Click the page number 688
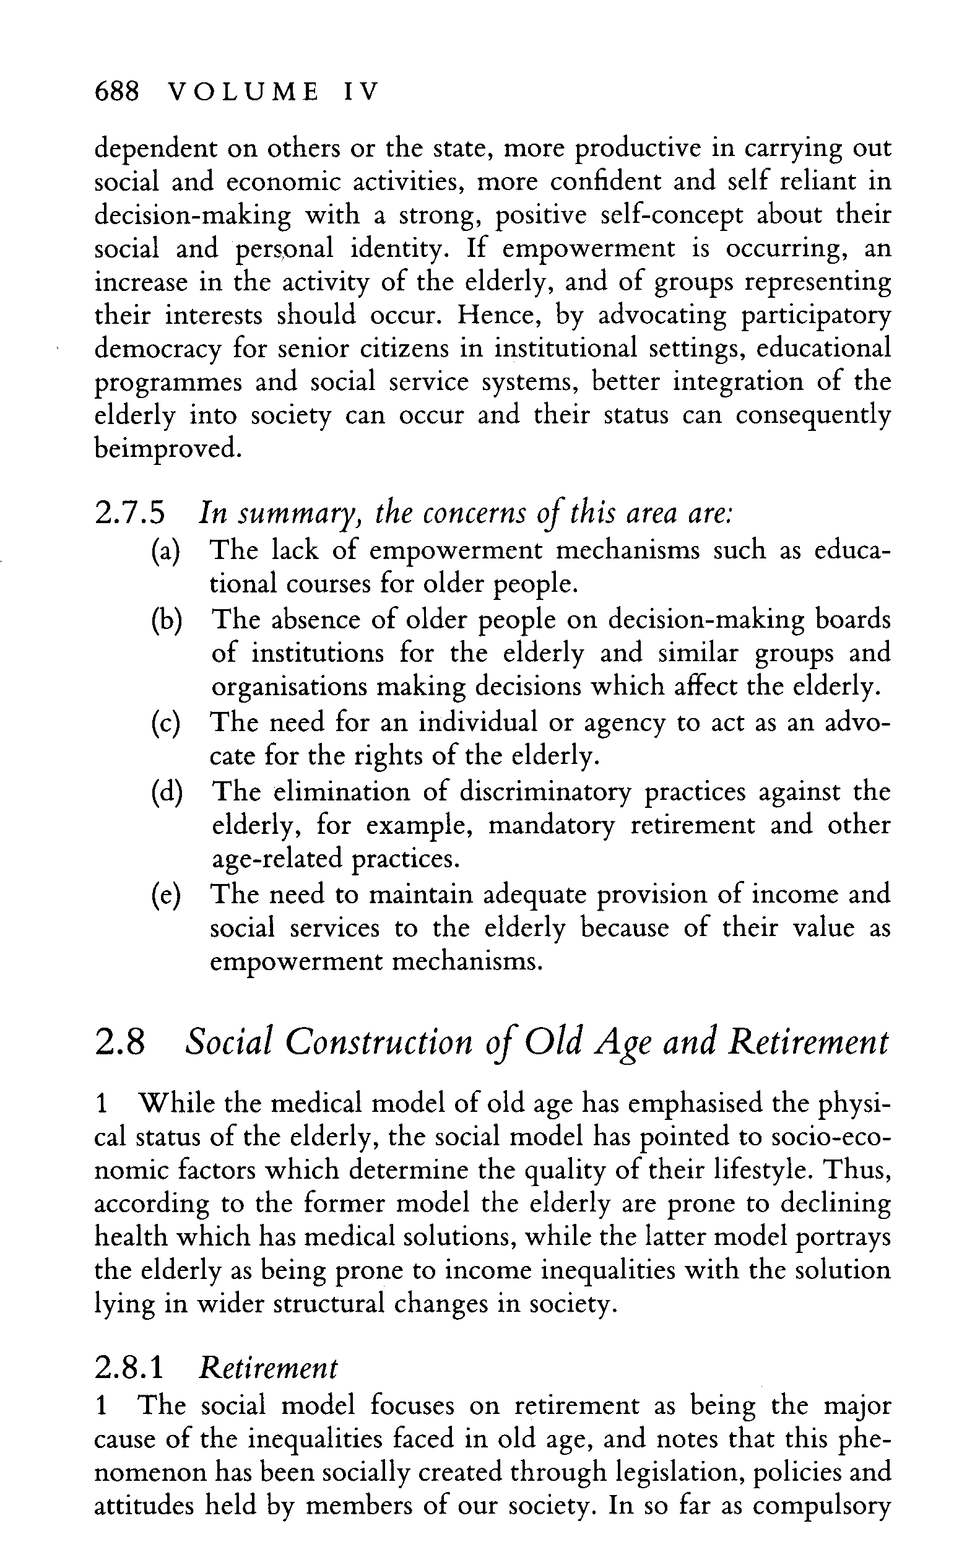116,92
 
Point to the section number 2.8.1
129,1369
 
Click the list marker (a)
165,551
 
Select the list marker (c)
165,722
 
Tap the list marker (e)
165,895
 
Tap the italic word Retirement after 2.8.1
268,1369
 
